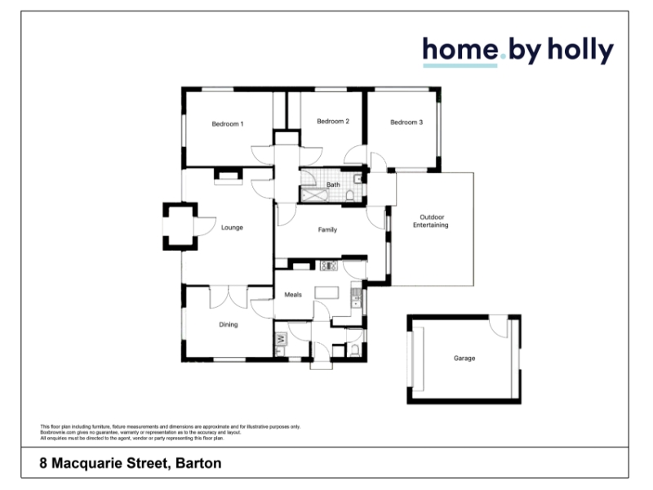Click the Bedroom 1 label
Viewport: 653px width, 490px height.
pyautogui.click(x=228, y=124)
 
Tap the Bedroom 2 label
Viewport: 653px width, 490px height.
pyautogui.click(x=333, y=121)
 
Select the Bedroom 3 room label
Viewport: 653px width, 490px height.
pyautogui.click(x=406, y=122)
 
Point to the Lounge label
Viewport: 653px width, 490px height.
pyautogui.click(x=232, y=228)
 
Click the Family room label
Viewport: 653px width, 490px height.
pyautogui.click(x=327, y=229)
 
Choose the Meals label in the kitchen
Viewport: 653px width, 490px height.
pyautogui.click(x=293, y=295)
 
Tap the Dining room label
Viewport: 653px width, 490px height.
pyautogui.click(x=229, y=324)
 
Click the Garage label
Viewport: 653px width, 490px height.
pyautogui.click(x=464, y=358)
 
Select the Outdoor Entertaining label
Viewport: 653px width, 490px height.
pyautogui.click(x=431, y=220)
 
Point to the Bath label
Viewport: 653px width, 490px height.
pyautogui.click(x=333, y=185)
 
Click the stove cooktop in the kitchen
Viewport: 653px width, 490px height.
pyautogui.click(x=329, y=265)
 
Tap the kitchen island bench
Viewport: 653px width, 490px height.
pyautogui.click(x=327, y=292)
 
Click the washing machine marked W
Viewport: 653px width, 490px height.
pyautogui.click(x=281, y=339)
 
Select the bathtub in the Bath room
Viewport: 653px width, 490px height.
pyautogui.click(x=315, y=195)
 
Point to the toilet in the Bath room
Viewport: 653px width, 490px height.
pyautogui.click(x=350, y=195)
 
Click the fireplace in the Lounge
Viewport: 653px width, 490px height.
pyautogui.click(x=228, y=176)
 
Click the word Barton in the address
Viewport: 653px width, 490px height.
pyautogui.click(x=198, y=463)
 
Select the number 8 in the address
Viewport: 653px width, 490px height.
pyautogui.click(x=43, y=463)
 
